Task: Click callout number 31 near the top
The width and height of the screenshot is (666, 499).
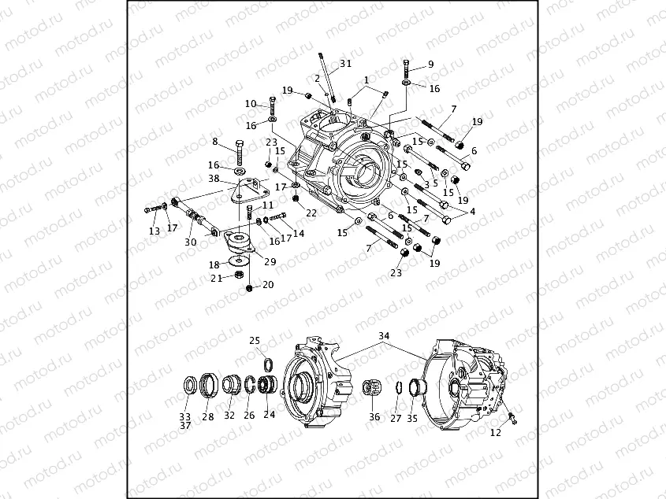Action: coord(345,63)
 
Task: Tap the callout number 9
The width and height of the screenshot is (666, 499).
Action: coord(430,65)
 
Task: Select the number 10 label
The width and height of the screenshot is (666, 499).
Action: coord(251,104)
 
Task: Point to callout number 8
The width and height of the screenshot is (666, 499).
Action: coord(214,142)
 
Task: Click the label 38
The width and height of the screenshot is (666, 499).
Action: coord(214,179)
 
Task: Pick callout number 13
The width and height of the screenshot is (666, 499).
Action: coord(154,231)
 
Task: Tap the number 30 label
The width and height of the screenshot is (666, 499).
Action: coord(190,242)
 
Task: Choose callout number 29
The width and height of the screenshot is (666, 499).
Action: coord(271,261)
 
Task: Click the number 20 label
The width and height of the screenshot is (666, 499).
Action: coord(268,285)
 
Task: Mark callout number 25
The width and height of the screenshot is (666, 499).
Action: coord(255,340)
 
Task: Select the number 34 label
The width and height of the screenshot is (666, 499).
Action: coord(384,336)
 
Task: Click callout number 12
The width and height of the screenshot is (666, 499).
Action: coord(495,433)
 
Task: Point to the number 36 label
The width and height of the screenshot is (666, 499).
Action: coord(374,417)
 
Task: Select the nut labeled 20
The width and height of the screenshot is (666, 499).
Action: coord(249,289)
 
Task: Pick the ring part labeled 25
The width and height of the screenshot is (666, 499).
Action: coord(267,363)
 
